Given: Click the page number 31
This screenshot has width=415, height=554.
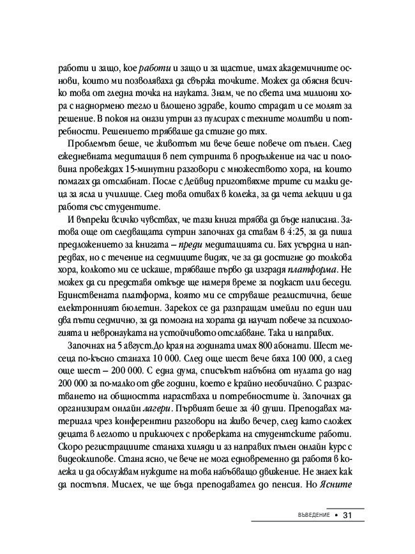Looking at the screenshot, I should tap(348, 515).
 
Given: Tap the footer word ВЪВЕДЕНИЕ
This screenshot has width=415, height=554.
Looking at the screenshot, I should tap(308, 515).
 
